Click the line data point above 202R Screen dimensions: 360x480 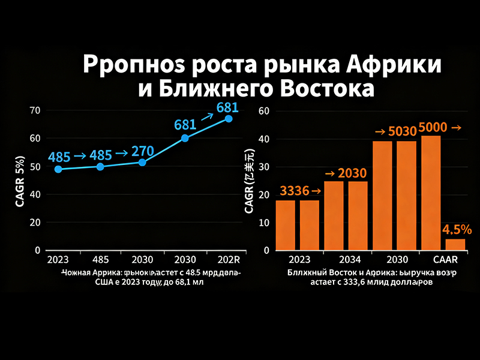coord(229,119)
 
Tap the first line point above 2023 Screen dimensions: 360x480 coord(58,169)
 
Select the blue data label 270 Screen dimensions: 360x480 coord(143,151)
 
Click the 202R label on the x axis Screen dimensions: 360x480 coord(228,260)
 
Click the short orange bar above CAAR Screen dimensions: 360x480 coord(454,244)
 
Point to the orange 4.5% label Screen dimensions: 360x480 coord(457,230)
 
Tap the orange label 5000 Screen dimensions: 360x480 coord(433,127)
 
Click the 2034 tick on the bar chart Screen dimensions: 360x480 coord(349,260)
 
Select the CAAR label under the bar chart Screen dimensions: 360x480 coord(445,260)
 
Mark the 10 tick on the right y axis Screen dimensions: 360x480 coord(265,223)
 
